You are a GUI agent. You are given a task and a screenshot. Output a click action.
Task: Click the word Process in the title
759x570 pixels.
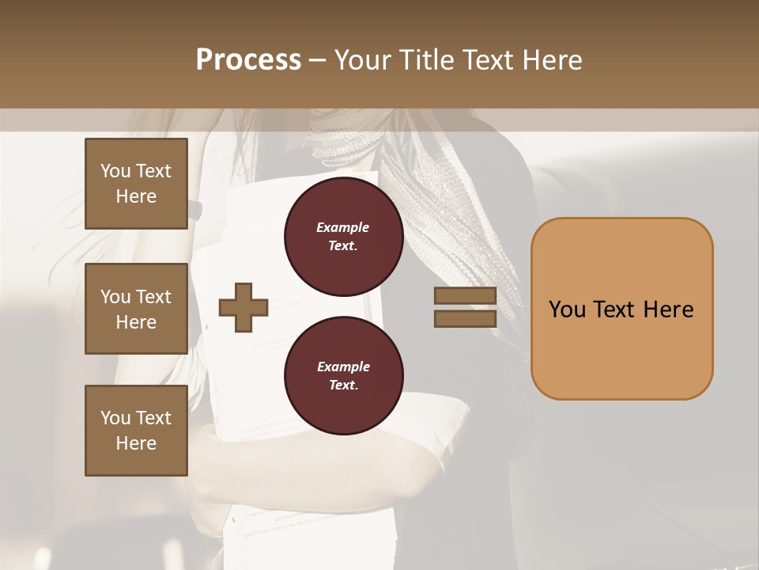248,60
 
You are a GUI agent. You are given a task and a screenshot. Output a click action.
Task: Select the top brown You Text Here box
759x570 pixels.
136,184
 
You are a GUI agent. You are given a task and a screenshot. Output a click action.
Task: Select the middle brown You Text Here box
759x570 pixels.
136,309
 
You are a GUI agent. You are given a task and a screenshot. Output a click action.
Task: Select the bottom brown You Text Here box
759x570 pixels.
136,431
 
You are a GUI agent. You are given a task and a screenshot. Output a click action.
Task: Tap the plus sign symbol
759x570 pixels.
244,307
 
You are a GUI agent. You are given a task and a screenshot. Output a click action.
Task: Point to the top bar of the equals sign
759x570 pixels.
465,296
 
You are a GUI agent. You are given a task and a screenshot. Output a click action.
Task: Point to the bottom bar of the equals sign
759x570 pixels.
465,319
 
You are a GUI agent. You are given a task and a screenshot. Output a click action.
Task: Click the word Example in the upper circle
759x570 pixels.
343,227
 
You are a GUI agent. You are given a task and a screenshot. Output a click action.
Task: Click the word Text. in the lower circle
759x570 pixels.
343,386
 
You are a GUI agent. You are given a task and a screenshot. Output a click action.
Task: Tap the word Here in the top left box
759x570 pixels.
136,196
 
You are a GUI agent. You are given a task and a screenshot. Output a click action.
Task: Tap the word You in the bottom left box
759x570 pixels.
115,418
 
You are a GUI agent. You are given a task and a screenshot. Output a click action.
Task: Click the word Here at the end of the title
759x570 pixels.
553,60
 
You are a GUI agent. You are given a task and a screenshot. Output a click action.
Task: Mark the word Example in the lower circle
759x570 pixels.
343,367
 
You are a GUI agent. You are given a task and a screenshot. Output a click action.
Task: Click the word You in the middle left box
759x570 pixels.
115,297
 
